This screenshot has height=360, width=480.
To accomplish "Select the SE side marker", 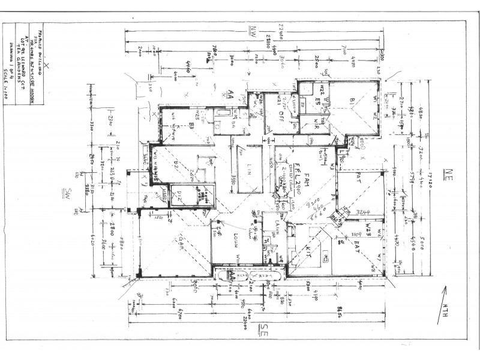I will click(x=262, y=328).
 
